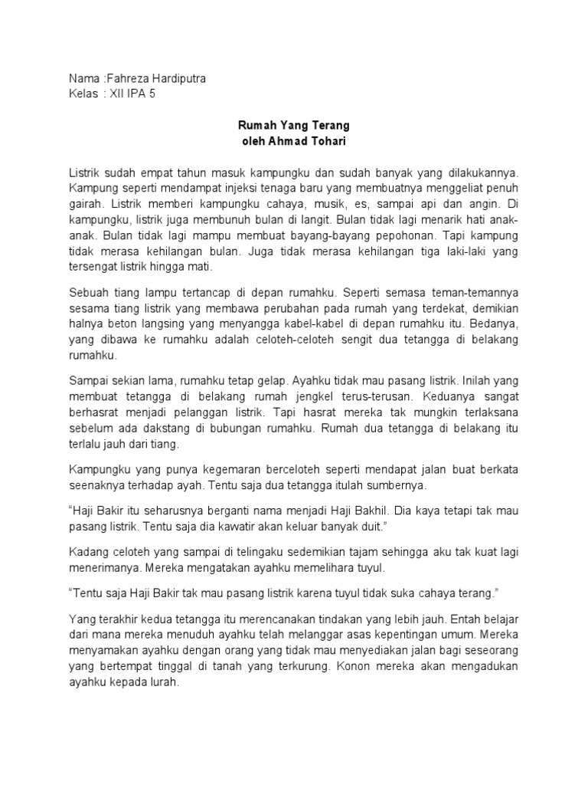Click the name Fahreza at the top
(126, 79)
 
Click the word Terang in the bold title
(332, 123)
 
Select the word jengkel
(299, 396)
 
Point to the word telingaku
(256, 553)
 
